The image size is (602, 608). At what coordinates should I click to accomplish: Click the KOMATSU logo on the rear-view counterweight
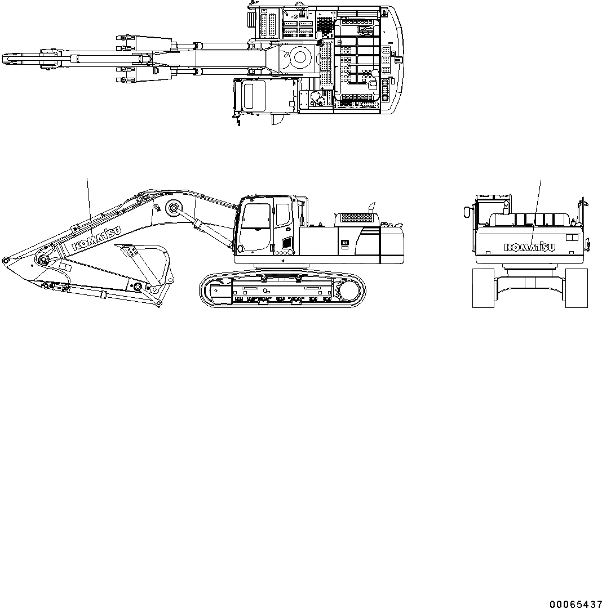pos(530,247)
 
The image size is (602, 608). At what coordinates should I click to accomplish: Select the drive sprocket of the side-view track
pos(347,292)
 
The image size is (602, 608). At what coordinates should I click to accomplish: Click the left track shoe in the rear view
pos(483,288)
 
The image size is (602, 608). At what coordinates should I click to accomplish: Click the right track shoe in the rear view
pos(576,288)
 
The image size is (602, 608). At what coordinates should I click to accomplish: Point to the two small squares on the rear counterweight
pos(572,238)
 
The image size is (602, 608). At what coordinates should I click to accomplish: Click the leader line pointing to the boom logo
pos(88,203)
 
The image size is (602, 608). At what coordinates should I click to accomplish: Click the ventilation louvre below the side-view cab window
pos(286,243)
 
